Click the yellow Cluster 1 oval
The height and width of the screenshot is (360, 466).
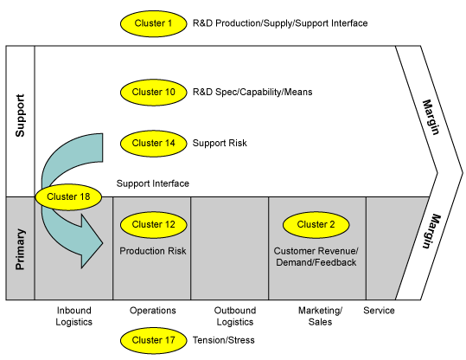(153, 23)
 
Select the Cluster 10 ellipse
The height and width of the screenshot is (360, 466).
(153, 93)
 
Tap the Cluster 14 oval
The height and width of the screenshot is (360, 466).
(153, 144)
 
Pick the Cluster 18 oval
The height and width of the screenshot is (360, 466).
(68, 197)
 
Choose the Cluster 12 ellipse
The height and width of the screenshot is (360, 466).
(153, 225)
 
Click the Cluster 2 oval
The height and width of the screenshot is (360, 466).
(316, 225)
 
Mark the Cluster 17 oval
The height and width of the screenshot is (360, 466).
(153, 340)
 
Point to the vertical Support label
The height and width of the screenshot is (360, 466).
(20, 115)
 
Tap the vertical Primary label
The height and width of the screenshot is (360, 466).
(20, 249)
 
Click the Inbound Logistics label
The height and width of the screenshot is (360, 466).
(74, 316)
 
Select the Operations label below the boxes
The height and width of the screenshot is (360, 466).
(153, 311)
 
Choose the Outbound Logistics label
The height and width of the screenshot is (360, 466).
(235, 316)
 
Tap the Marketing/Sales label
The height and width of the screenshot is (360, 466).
(321, 316)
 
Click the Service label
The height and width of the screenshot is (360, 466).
(379, 311)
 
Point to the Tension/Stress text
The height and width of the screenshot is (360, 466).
(223, 340)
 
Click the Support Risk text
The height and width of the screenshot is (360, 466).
(220, 143)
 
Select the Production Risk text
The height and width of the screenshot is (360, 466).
(153, 251)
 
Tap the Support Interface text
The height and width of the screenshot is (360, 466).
(153, 183)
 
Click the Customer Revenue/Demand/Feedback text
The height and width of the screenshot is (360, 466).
(316, 257)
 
